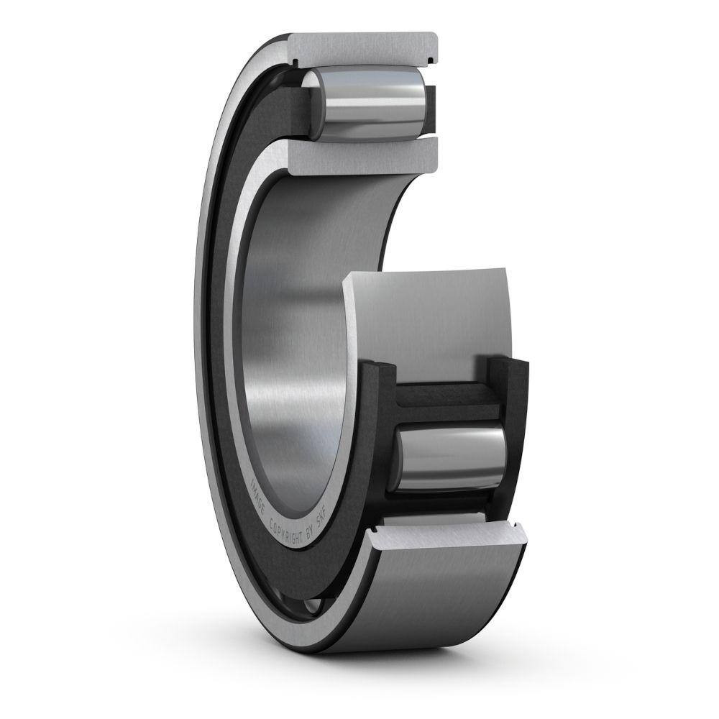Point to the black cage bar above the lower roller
(x=442, y=399)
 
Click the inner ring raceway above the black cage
(x=431, y=316)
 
